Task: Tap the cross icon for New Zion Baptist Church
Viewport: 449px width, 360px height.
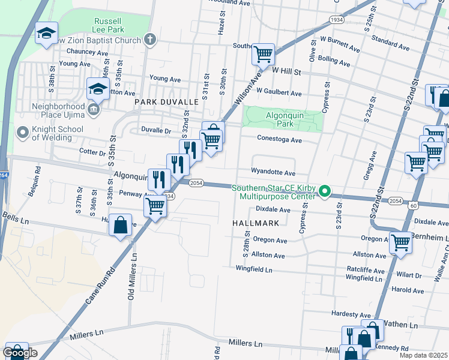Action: [150, 40]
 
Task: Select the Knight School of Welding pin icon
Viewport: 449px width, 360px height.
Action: [23, 131]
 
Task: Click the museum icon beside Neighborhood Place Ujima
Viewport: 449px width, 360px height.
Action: [94, 109]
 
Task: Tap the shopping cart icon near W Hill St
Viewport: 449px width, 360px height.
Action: [263, 54]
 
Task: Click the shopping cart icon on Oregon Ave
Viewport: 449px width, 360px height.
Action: [400, 242]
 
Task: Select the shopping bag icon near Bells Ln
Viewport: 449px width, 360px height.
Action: [121, 226]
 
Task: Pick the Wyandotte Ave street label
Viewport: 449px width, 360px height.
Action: [273, 172]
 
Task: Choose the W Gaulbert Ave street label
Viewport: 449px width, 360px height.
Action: [279, 93]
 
